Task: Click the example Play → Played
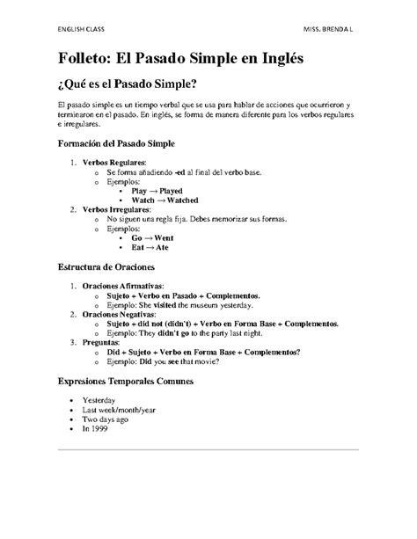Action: point(157,190)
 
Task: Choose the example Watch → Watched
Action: point(165,200)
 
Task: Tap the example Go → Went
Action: point(150,238)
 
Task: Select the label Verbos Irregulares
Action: point(119,210)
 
